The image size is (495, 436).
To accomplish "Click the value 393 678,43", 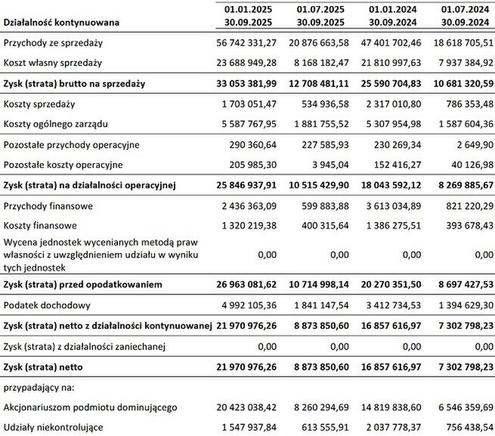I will point(462,225).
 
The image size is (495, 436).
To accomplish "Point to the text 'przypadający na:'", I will point(40,387).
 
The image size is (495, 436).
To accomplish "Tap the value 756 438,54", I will point(462,427).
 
